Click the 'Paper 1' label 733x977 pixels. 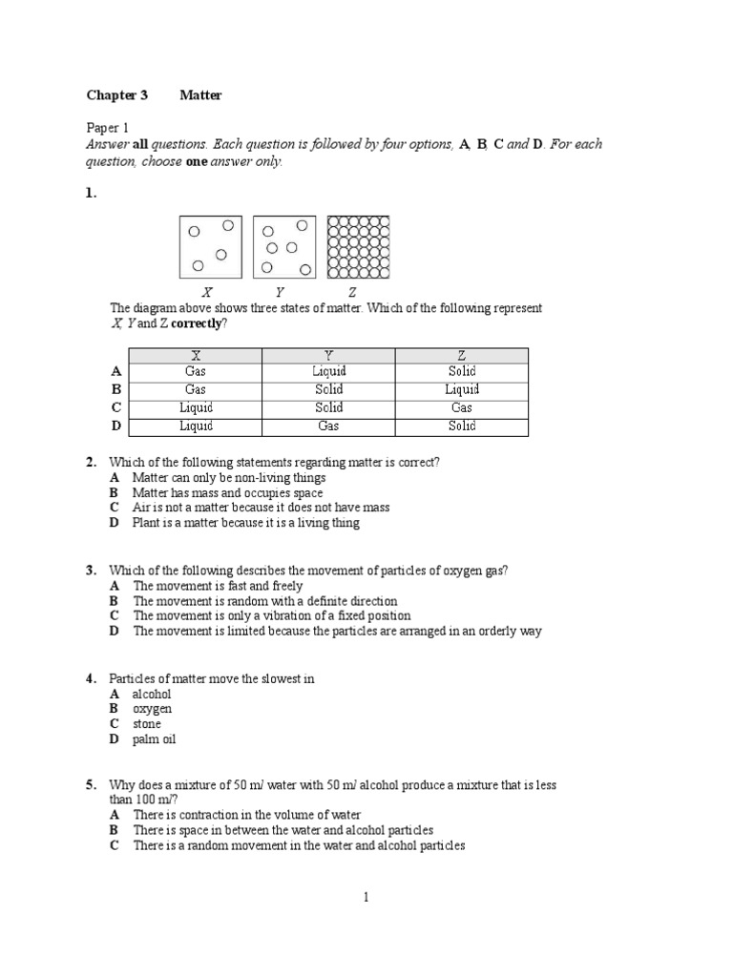(107, 128)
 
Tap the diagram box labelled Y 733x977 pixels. (285, 247)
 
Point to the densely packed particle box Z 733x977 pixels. (359, 247)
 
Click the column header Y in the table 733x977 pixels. (328, 355)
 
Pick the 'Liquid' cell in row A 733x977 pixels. (328, 371)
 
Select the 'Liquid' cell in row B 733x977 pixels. (462, 389)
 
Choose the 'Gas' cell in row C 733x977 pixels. (462, 407)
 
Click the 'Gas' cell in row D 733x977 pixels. (328, 426)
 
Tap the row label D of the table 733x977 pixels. (115, 426)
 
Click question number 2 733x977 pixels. (91, 463)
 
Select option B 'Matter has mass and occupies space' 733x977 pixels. (227, 493)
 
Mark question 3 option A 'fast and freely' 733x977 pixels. (218, 586)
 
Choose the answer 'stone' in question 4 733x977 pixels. (147, 724)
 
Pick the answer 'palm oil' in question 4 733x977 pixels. (155, 739)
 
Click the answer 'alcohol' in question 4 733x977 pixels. (152, 695)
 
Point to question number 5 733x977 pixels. (91, 785)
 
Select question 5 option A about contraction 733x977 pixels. (246, 815)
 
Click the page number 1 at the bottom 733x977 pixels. (366, 897)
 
